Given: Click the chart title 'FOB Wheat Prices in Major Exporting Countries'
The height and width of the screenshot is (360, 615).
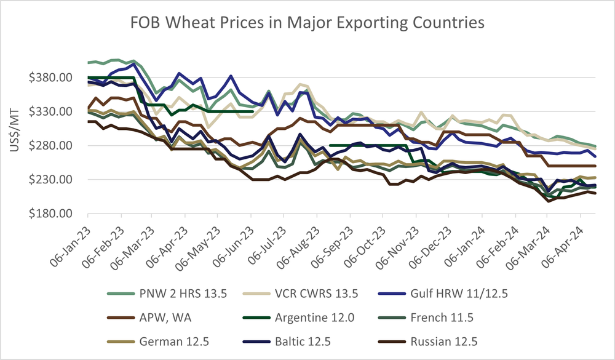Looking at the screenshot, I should click(x=307, y=23).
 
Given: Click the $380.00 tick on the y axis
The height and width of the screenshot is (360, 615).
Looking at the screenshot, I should click(x=57, y=78).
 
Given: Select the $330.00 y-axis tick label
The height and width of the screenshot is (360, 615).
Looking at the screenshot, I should click(x=57, y=112).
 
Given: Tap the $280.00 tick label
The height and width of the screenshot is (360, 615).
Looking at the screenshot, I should click(x=57, y=146).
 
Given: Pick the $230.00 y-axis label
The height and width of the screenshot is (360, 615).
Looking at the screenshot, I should click(x=57, y=180).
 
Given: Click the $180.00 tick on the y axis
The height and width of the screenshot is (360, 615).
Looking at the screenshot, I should click(x=57, y=214).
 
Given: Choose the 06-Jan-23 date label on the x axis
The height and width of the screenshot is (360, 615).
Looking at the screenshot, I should click(x=69, y=241).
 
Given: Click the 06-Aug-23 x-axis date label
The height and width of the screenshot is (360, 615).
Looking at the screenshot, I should click(x=297, y=241).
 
